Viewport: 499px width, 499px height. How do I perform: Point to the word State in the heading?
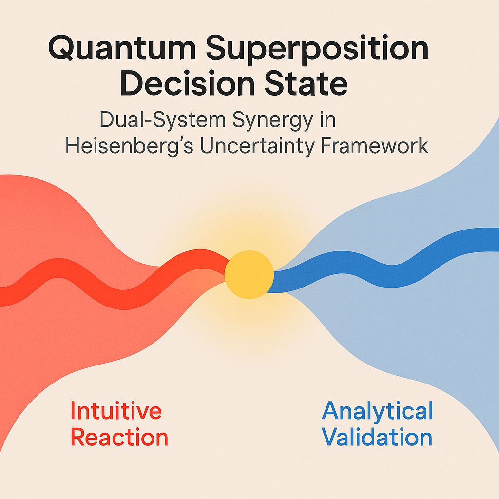point(312,85)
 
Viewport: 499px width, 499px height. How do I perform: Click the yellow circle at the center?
point(249,274)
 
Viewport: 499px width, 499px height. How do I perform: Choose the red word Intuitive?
point(116,411)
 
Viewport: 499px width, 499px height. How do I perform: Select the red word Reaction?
point(119,438)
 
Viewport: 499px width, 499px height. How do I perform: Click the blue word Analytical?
point(378,411)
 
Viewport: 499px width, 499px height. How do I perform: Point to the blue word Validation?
point(378,437)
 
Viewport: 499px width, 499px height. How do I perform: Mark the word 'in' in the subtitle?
point(326,120)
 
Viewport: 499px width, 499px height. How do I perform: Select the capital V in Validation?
point(331,437)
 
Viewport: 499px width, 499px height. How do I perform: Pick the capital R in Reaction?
point(78,438)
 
